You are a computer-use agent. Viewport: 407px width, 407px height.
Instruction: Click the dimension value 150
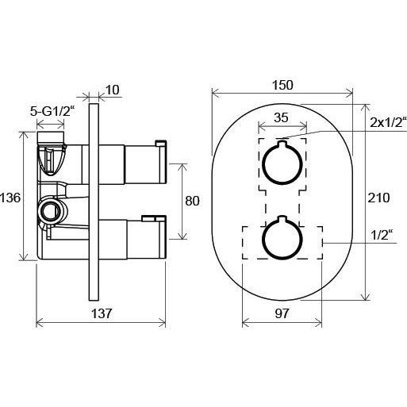282,85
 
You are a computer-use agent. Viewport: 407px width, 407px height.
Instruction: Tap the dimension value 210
378,198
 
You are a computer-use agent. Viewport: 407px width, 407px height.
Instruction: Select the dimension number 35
281,117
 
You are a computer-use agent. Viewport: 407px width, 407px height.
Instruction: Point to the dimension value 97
282,313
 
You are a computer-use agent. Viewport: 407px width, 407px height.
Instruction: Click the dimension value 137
102,313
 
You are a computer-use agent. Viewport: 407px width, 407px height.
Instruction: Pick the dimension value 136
10,198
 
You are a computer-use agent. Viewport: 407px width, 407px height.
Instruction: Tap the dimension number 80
192,201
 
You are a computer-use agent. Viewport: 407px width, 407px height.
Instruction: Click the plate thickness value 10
113,90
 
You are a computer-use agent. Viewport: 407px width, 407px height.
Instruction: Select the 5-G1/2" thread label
51,112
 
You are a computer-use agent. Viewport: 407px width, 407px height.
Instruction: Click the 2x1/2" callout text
388,122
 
